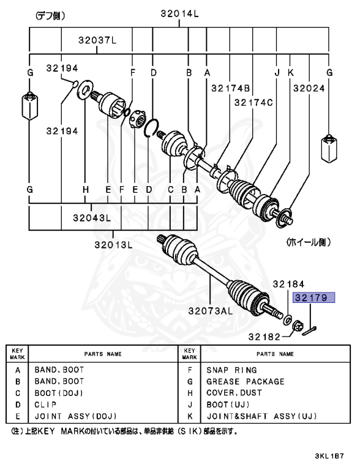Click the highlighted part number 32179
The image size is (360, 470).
point(314,298)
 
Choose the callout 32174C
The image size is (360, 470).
point(253,103)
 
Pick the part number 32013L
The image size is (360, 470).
point(114,244)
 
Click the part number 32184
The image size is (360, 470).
point(288,284)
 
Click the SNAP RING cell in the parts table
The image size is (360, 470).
point(231,370)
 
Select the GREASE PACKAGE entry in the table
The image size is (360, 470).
point(246,381)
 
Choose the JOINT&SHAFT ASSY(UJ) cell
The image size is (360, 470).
point(262,416)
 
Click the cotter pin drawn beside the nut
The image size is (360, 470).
point(312,330)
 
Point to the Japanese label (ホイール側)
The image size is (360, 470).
point(309,242)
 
